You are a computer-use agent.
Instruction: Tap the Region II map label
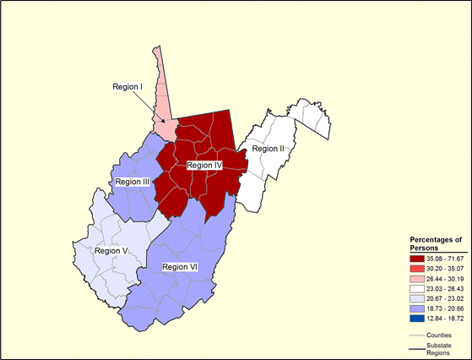click(269, 149)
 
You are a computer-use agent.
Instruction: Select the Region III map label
click(133, 182)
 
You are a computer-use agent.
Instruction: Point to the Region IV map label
click(204, 166)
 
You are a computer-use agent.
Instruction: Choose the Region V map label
click(111, 250)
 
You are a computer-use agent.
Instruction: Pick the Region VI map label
click(180, 267)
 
